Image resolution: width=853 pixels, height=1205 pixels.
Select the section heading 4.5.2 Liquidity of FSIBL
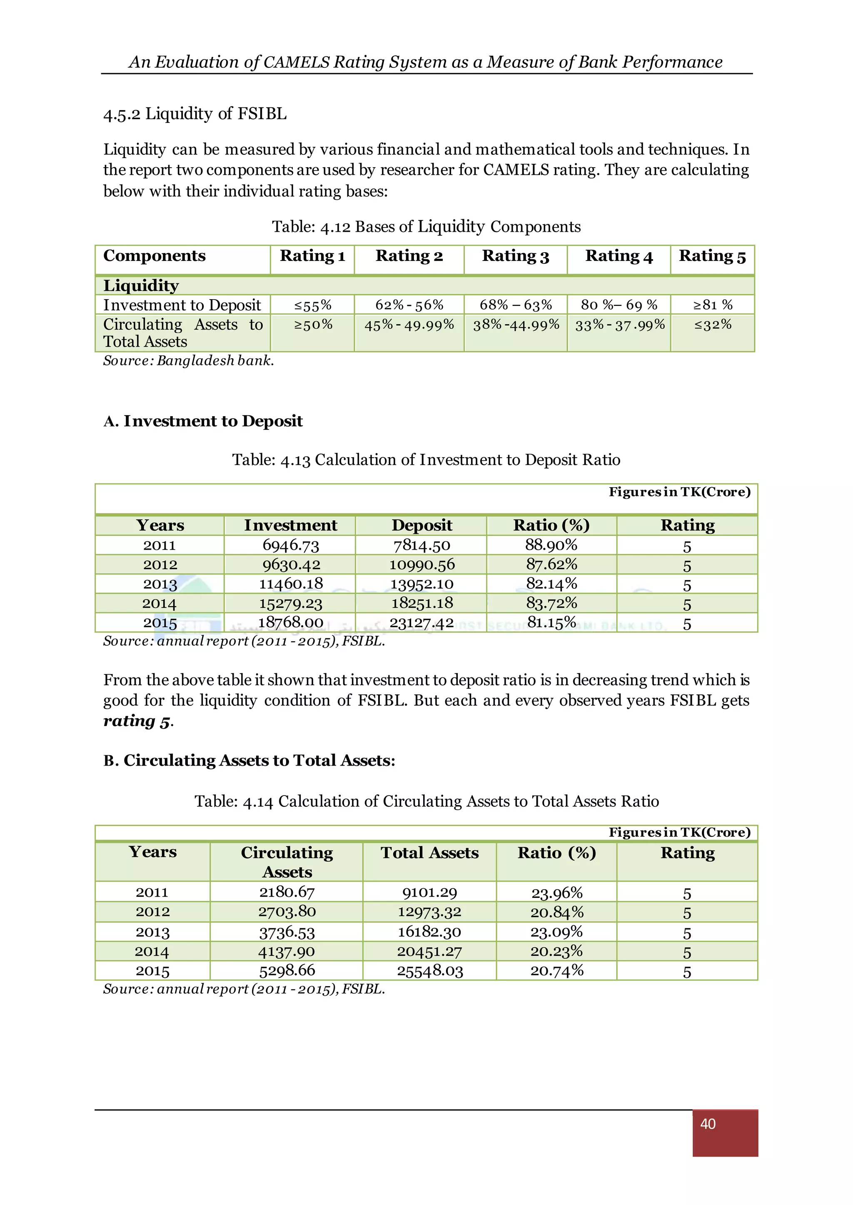[x=195, y=114]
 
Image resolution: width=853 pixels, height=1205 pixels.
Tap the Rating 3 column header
[x=515, y=256]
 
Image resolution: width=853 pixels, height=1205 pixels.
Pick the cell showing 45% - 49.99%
[x=409, y=325]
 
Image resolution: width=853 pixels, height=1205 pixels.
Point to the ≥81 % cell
[x=712, y=305]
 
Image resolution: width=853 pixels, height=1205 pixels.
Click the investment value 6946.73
[x=290, y=545]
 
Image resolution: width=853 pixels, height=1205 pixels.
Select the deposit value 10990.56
[x=422, y=565]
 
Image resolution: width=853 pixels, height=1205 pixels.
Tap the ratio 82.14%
[x=551, y=584]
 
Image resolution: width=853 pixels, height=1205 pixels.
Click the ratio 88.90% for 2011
[x=551, y=545]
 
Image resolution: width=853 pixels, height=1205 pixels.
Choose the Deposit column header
[x=422, y=526]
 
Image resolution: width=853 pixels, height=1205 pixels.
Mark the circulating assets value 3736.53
[x=287, y=932]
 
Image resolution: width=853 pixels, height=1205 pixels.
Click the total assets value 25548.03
[x=430, y=971]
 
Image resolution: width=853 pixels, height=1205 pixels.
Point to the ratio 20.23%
[x=557, y=952]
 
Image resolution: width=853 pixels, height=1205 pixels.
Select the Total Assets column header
[x=430, y=853]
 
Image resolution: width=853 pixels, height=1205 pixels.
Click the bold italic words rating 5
[x=137, y=721]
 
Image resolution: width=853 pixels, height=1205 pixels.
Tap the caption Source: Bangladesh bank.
[x=188, y=361]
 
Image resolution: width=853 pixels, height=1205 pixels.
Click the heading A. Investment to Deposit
[x=203, y=422]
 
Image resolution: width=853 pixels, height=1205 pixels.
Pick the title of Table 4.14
[x=426, y=801]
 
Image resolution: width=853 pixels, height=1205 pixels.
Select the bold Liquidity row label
[x=141, y=285]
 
